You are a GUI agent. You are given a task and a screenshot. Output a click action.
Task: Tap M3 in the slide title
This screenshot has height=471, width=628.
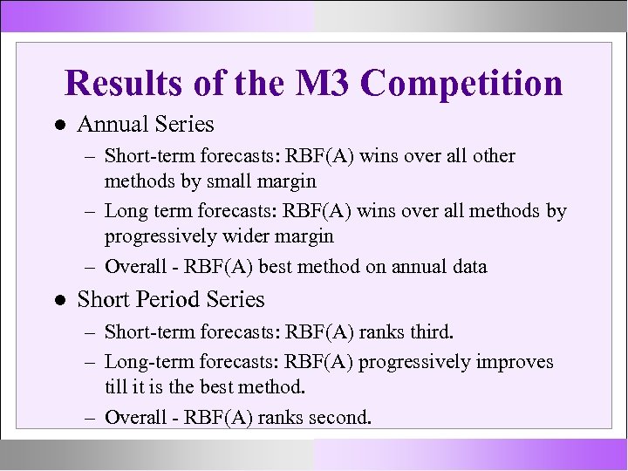tap(324, 84)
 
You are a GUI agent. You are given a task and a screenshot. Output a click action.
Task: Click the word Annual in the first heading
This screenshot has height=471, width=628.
tap(109, 125)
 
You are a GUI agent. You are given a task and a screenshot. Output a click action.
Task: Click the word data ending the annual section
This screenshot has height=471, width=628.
tap(468, 267)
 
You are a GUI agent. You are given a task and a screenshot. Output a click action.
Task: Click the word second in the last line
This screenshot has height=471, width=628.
tap(340, 418)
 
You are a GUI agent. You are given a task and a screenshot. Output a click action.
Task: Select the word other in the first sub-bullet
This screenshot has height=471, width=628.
tap(494, 156)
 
